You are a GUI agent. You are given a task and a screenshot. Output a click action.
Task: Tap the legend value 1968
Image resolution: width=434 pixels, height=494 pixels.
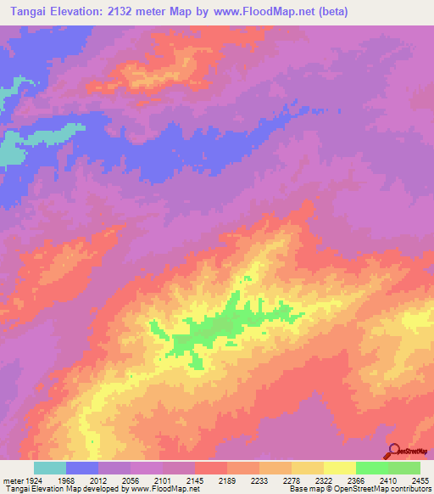(x=66, y=479)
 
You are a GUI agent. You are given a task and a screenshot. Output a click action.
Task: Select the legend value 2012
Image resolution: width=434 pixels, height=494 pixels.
(x=98, y=479)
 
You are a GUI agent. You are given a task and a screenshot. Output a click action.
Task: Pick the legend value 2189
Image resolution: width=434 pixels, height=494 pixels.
(x=228, y=479)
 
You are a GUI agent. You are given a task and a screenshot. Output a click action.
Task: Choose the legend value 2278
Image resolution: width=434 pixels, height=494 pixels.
(x=292, y=479)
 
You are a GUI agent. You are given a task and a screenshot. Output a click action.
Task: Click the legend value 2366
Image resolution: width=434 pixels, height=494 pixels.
(x=357, y=479)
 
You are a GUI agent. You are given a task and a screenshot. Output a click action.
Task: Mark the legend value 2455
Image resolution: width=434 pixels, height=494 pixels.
(x=421, y=479)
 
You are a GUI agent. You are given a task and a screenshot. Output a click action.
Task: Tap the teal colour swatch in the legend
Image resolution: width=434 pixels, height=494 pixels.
(x=50, y=468)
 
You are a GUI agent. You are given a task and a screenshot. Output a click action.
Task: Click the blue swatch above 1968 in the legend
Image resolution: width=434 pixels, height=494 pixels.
(x=82, y=468)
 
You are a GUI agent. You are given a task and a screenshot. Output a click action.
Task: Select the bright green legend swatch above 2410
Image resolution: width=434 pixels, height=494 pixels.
(x=372, y=468)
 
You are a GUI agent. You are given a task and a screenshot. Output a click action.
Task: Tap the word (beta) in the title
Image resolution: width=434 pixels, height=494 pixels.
(x=331, y=12)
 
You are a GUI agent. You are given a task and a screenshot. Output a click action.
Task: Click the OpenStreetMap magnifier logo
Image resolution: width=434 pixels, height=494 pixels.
(x=393, y=451)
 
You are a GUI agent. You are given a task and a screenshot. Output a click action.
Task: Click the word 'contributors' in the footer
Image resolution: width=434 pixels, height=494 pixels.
(x=409, y=489)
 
